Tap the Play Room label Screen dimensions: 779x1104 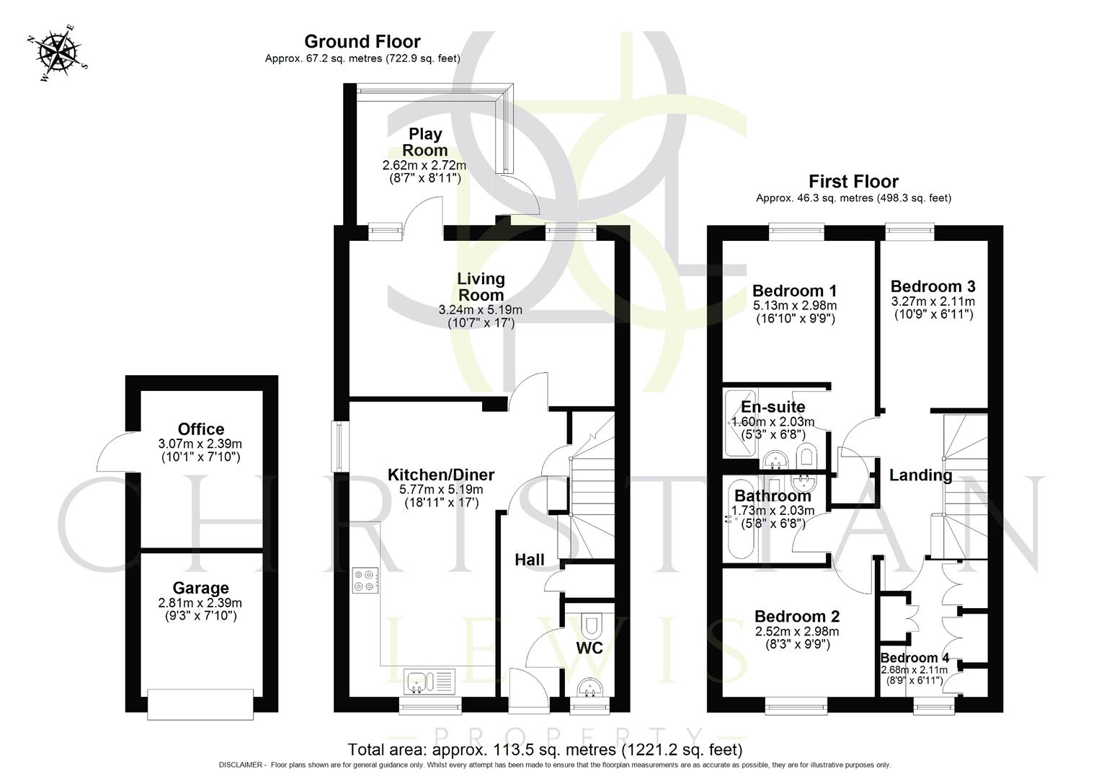424,142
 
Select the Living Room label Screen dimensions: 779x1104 481,286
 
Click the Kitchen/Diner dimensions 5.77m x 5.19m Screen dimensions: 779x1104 441,490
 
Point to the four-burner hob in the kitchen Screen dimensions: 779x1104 365,581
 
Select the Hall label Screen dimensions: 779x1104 529,560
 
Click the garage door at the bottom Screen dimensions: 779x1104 200,704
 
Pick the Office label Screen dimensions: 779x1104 201,429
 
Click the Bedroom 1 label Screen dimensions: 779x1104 794,291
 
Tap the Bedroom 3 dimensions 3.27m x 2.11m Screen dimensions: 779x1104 932,302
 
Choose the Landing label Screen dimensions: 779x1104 920,475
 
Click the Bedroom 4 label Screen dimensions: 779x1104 914,658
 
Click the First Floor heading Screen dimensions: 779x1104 853,181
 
